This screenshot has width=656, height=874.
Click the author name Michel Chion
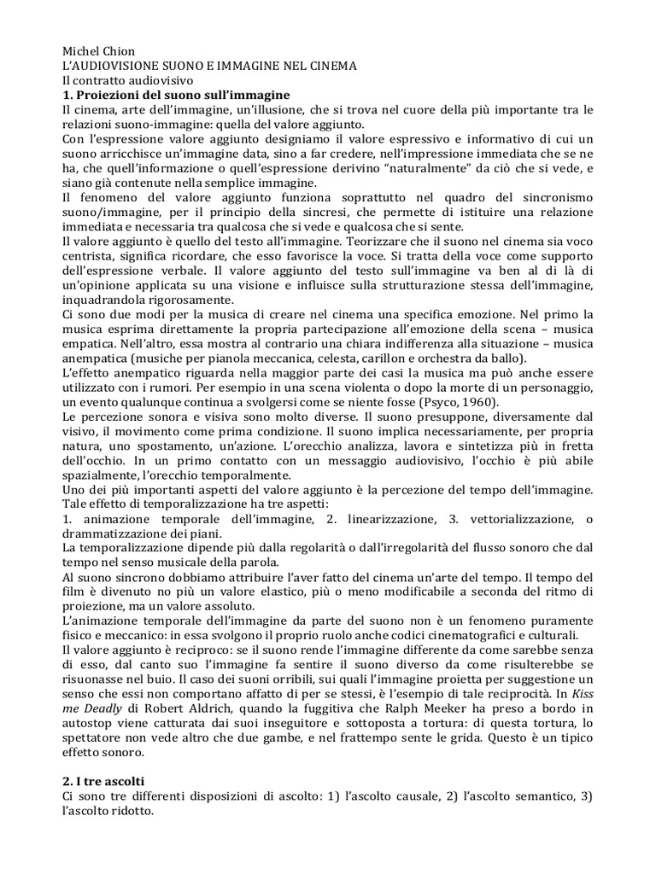99,50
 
